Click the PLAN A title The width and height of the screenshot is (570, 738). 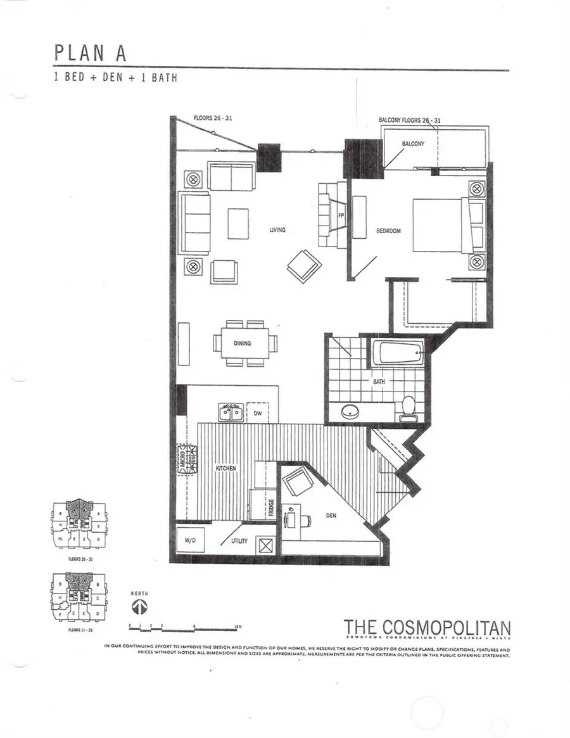[x=91, y=53]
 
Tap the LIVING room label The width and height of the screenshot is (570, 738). [x=277, y=230]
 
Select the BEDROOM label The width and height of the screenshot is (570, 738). [x=389, y=231]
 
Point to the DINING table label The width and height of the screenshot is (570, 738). [x=242, y=343]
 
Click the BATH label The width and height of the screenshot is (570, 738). [x=379, y=382]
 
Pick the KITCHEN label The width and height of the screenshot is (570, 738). [x=226, y=468]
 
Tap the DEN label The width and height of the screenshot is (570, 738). [x=331, y=516]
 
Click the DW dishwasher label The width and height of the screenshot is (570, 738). [x=258, y=414]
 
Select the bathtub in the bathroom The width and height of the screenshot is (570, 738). [x=398, y=353]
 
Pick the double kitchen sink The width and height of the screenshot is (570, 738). [x=232, y=412]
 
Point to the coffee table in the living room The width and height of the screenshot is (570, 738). [x=238, y=224]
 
